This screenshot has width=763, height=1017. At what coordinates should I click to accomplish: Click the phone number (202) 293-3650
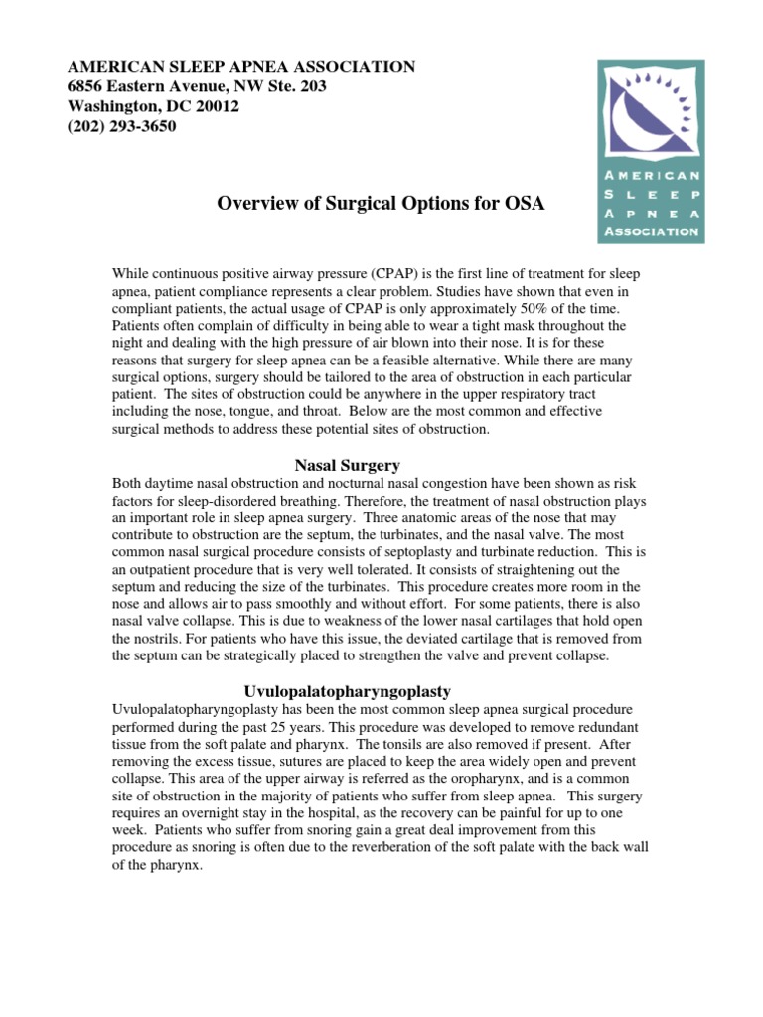point(121,126)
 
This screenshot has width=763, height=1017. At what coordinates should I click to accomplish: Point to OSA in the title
point(526,204)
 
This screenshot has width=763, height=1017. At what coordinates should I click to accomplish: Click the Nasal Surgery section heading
point(348,465)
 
